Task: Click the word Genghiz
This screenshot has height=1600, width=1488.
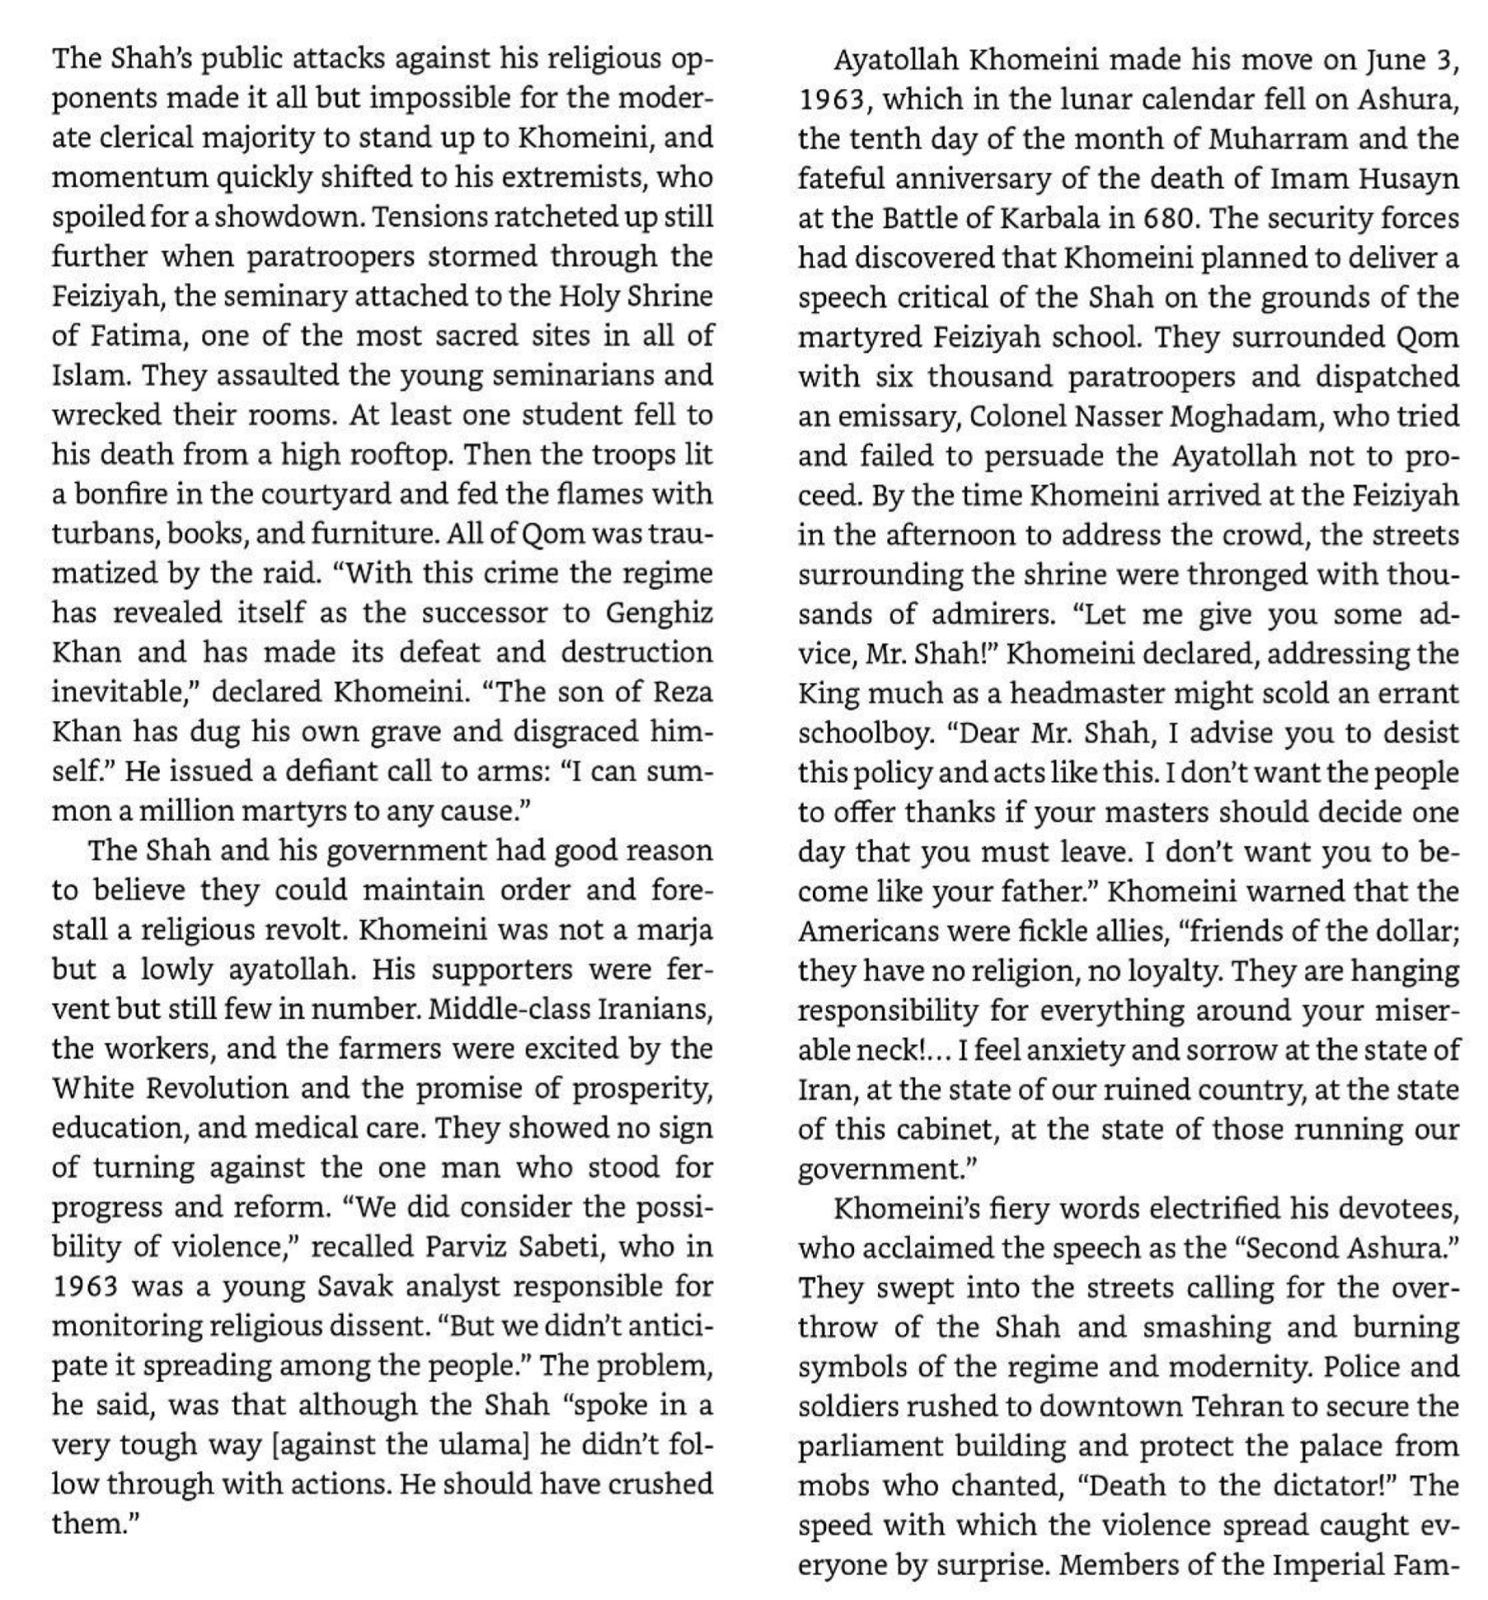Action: pyautogui.click(x=659, y=613)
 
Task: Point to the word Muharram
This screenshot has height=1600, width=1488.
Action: pyautogui.click(x=1277, y=139)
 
